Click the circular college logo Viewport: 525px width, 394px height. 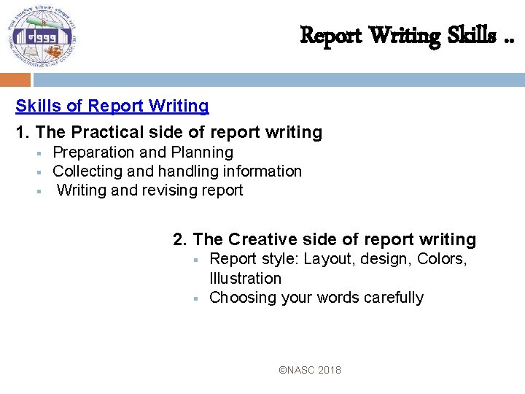click(x=42, y=36)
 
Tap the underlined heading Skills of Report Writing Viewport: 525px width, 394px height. click(x=112, y=106)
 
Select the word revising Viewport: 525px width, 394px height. click(x=159, y=190)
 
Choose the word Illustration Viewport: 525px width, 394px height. click(x=245, y=278)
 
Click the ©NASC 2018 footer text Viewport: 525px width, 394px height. click(x=310, y=370)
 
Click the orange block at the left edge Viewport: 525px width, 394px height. click(x=15, y=80)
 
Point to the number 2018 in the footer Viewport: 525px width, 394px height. click(x=328, y=370)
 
